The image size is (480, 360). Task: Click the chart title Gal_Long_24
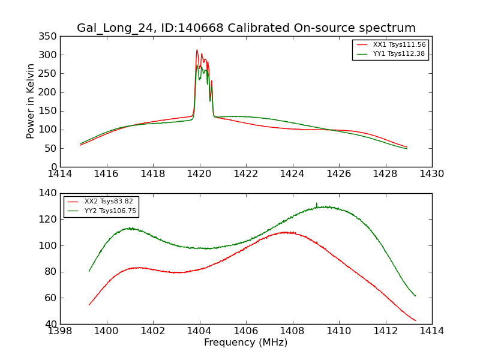(x=246, y=28)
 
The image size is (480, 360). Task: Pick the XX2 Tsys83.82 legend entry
(x=108, y=202)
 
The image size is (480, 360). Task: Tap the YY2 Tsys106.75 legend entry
(x=110, y=211)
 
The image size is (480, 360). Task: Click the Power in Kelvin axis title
(x=31, y=101)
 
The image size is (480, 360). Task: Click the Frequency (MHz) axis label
(x=246, y=343)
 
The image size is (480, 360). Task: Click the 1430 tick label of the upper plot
(x=431, y=174)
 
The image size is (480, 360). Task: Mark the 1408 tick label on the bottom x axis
(x=292, y=331)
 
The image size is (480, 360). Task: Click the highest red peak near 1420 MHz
(x=197, y=50)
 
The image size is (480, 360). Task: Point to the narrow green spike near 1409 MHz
(x=317, y=204)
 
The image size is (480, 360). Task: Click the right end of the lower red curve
(x=415, y=320)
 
